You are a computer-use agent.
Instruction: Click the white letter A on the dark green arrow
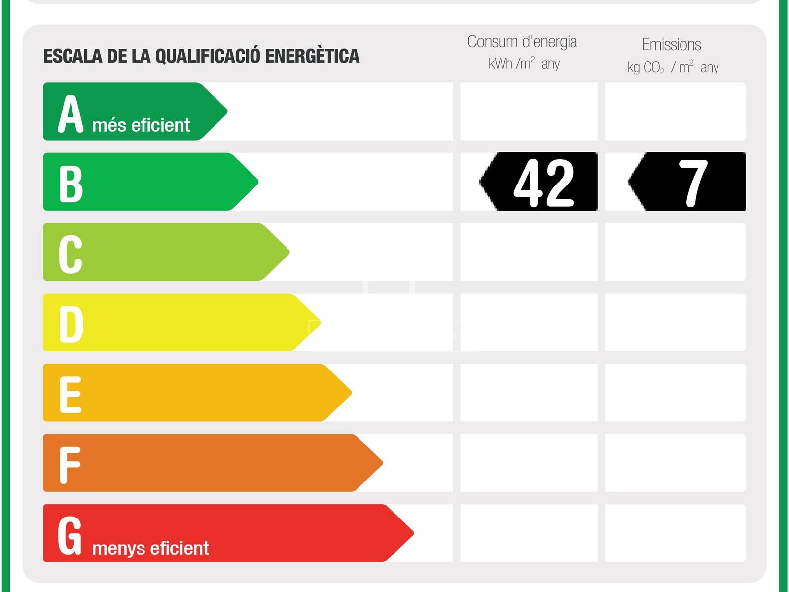point(71,114)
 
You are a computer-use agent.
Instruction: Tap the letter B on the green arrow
point(71,184)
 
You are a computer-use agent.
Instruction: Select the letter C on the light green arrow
point(71,254)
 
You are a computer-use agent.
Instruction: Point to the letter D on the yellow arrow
point(71,324)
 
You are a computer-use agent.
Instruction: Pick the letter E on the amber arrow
point(71,395)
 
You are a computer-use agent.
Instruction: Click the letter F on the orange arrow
point(70,465)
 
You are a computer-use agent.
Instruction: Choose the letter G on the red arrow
point(70,535)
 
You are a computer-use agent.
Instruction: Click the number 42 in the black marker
point(543,183)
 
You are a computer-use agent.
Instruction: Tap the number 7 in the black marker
point(693,183)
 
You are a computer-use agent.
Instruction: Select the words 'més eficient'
point(141,125)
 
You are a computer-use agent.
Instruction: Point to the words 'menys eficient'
point(150,548)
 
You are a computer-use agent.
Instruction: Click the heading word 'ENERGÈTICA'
point(312,56)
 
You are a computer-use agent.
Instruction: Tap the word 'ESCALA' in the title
point(73,56)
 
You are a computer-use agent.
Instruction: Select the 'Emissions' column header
point(671,45)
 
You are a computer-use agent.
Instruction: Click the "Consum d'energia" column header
point(522,42)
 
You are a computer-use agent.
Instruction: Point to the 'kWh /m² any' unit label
point(524,64)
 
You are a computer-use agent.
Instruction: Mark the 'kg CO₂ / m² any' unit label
point(673,67)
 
